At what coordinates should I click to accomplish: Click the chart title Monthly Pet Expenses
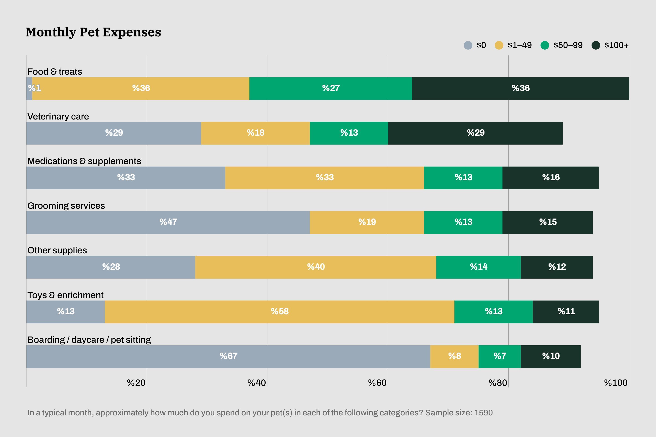point(93,32)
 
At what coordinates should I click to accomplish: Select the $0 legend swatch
point(468,45)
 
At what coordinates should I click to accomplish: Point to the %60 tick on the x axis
point(377,383)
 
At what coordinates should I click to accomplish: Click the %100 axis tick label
point(615,383)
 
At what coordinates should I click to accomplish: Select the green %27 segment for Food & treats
point(331,88)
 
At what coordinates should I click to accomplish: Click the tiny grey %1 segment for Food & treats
point(29,88)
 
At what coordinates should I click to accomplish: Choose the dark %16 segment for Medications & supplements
point(551,178)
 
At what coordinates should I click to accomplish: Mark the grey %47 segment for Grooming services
point(168,222)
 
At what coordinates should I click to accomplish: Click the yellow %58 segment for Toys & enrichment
point(279,312)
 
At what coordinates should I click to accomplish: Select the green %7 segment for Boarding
point(499,356)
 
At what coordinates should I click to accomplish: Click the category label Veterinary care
point(58,117)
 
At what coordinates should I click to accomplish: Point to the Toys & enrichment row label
point(65,295)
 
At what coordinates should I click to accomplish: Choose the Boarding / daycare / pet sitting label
point(89,340)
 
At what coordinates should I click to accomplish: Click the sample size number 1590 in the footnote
point(483,413)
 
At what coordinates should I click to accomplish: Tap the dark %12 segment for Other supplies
point(557,267)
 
